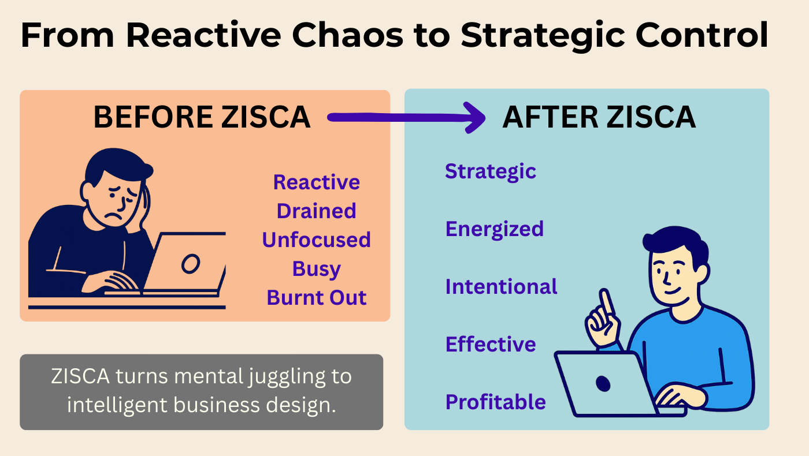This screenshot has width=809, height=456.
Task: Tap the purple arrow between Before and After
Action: click(406, 118)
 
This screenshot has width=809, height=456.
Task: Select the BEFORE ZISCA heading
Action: click(202, 117)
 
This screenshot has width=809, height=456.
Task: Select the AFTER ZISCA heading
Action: click(599, 117)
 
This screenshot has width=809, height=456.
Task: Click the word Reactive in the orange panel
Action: click(317, 182)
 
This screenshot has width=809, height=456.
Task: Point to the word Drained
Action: click(317, 211)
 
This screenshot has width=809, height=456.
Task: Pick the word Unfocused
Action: click(317, 240)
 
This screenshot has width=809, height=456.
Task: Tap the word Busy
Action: click(317, 269)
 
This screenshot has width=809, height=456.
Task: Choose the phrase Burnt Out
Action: click(317, 298)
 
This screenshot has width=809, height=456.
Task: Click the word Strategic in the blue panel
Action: click(491, 172)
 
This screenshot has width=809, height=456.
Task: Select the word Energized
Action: click(495, 230)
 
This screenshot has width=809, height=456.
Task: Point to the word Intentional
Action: click(502, 286)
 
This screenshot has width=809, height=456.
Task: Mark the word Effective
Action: click(491, 344)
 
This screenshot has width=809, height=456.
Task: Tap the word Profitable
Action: click(496, 402)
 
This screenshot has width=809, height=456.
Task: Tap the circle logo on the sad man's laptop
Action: click(191, 264)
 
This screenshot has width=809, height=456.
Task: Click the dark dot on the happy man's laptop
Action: click(603, 383)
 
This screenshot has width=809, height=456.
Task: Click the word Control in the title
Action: click(702, 35)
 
